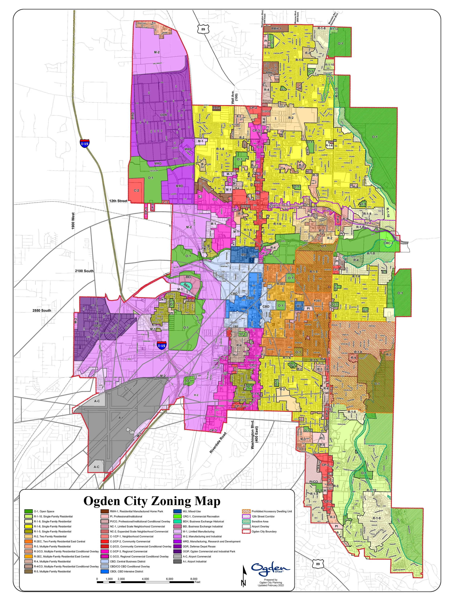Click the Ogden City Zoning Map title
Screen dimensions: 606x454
152,501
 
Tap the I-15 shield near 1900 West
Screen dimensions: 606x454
85,143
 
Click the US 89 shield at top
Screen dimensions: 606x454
203,29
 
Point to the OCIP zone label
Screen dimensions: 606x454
97,326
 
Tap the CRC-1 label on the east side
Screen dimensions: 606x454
388,243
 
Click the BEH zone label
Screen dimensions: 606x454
187,286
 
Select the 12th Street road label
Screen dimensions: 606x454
118,201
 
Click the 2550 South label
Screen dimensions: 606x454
42,310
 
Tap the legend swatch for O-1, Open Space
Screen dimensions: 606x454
29,511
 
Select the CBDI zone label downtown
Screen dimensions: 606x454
250,298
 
